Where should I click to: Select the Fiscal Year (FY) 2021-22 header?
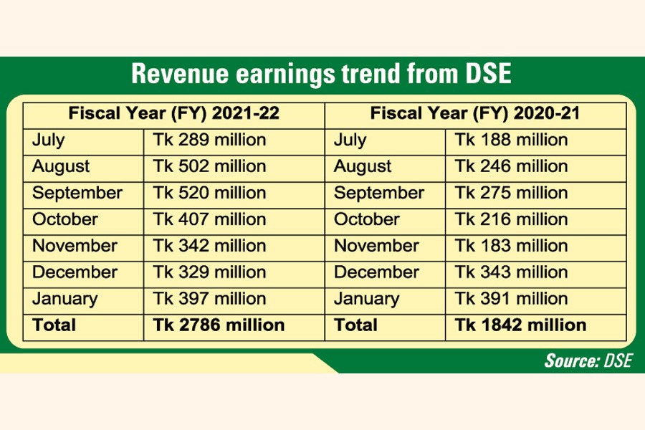pyautogui.click(x=173, y=114)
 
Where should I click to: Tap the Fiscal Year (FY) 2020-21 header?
pyautogui.click(x=475, y=114)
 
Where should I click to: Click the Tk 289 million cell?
pyautogui.click(x=209, y=140)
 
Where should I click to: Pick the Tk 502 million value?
pyautogui.click(x=209, y=166)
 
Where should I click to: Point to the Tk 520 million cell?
pyautogui.click(x=209, y=193)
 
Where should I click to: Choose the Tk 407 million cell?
pyautogui.click(x=209, y=219)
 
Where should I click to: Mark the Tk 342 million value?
pyautogui.click(x=209, y=246)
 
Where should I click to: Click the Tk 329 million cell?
pyautogui.click(x=209, y=272)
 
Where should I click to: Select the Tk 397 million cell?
pyautogui.click(x=209, y=299)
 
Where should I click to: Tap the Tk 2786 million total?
pyautogui.click(x=219, y=325)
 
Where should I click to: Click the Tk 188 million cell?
pyautogui.click(x=511, y=140)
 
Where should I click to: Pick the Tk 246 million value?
pyautogui.click(x=511, y=166)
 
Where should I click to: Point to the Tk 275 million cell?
pyautogui.click(x=511, y=193)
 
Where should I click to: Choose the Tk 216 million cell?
pyautogui.click(x=511, y=219)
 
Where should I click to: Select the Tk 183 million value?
pyautogui.click(x=511, y=246)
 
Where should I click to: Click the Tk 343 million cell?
pyautogui.click(x=511, y=272)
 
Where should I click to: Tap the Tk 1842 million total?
pyautogui.click(x=520, y=325)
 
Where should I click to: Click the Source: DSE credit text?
pyautogui.click(x=588, y=360)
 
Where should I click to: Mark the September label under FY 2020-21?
pyautogui.click(x=378, y=193)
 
